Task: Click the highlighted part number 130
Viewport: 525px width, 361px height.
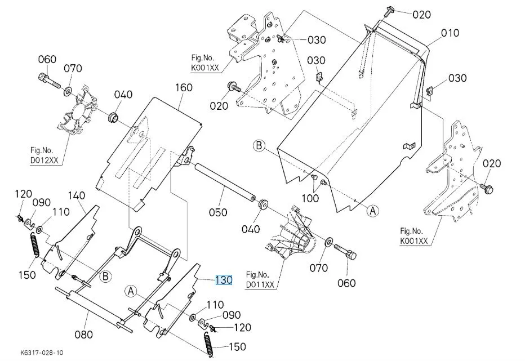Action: point(224,280)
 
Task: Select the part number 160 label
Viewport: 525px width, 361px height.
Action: point(184,87)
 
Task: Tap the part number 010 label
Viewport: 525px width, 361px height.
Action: point(450,33)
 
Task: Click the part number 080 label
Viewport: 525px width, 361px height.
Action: point(83,334)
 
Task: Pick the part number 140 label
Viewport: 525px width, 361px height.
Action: point(77,195)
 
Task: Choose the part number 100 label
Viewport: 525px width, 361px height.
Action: point(310,198)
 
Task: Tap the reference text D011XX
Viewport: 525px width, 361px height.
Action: point(260,285)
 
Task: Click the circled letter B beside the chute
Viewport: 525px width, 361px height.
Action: point(259,146)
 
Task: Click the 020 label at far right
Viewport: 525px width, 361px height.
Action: point(491,163)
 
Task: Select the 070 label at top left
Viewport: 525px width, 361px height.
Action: point(73,68)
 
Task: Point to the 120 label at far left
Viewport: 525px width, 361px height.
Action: point(24,194)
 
